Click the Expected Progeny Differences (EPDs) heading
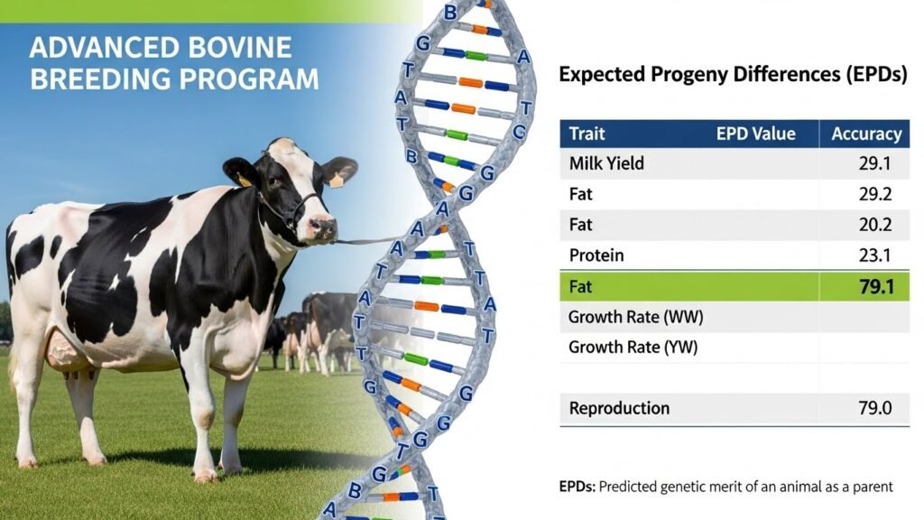click(732, 75)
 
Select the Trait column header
click(587, 135)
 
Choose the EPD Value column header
click(755, 135)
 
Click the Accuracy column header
click(865, 135)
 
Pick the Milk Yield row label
click(606, 164)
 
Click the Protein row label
click(596, 255)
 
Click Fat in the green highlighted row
click(582, 287)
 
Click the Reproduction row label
click(619, 408)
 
